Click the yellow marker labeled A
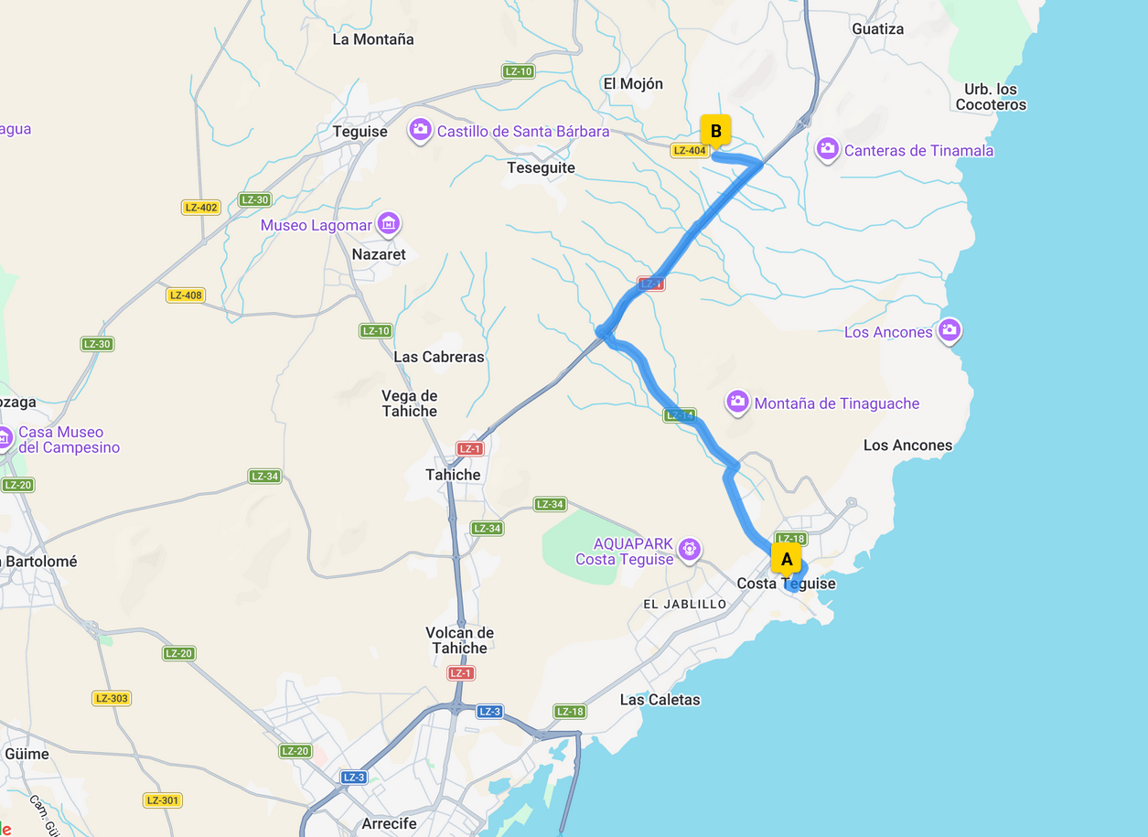click(x=786, y=559)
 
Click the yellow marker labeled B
click(x=715, y=131)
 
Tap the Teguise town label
click(x=360, y=132)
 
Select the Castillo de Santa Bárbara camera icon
click(x=420, y=130)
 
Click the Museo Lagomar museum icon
click(x=389, y=223)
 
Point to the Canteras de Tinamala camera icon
click(x=828, y=149)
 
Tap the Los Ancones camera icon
click(x=950, y=330)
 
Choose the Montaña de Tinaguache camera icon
click(x=737, y=402)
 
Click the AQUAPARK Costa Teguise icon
click(x=690, y=550)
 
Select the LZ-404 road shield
click(x=690, y=151)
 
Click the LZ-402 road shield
click(x=201, y=208)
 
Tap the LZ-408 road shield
click(x=186, y=295)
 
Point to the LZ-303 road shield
click(x=112, y=699)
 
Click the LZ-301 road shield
click(x=162, y=800)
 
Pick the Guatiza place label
click(x=877, y=29)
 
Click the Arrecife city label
click(x=390, y=824)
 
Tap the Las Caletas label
click(x=660, y=700)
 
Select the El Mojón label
click(x=633, y=84)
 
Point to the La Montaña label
click(x=373, y=39)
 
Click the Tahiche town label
click(x=453, y=475)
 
